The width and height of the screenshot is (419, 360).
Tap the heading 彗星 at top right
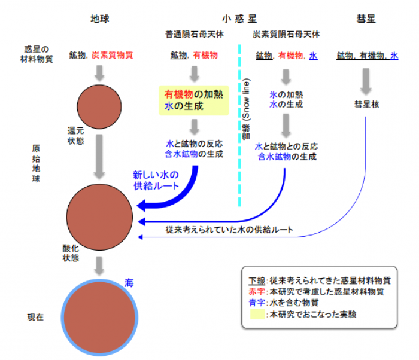click(367, 19)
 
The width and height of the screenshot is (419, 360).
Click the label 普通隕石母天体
click(195, 35)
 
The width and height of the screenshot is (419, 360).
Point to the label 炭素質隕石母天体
click(286, 35)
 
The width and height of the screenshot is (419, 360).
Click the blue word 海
click(128, 282)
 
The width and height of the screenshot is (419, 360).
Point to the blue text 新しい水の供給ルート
click(156, 180)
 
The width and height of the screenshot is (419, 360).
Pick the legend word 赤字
click(255, 292)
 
